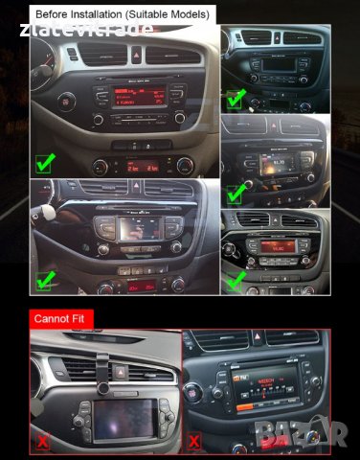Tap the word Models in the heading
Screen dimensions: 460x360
pyautogui.click(x=191, y=15)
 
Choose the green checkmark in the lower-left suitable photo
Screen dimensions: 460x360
pyautogui.click(x=43, y=281)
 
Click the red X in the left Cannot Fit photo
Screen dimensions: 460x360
pyautogui.click(x=42, y=442)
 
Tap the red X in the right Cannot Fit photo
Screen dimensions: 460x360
pyautogui.click(x=193, y=442)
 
